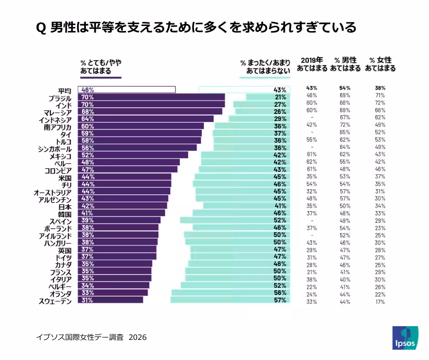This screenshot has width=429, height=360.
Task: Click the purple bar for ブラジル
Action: point(151,97)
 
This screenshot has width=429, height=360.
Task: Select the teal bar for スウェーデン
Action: point(230,300)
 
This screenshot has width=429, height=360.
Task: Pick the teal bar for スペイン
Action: point(235,220)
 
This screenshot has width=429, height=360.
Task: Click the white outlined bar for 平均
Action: point(126,90)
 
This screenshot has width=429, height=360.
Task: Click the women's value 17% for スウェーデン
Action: point(380,302)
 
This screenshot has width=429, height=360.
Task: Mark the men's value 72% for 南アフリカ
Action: point(345,125)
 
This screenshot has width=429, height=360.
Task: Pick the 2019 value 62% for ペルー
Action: point(312,161)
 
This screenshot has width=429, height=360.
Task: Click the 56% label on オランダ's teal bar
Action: point(280,293)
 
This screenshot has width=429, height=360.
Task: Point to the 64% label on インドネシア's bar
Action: point(87,119)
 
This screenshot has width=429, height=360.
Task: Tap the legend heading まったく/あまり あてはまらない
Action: point(265,67)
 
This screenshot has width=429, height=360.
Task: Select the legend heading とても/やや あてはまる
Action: point(100,67)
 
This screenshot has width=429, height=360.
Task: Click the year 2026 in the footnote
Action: point(137,337)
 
